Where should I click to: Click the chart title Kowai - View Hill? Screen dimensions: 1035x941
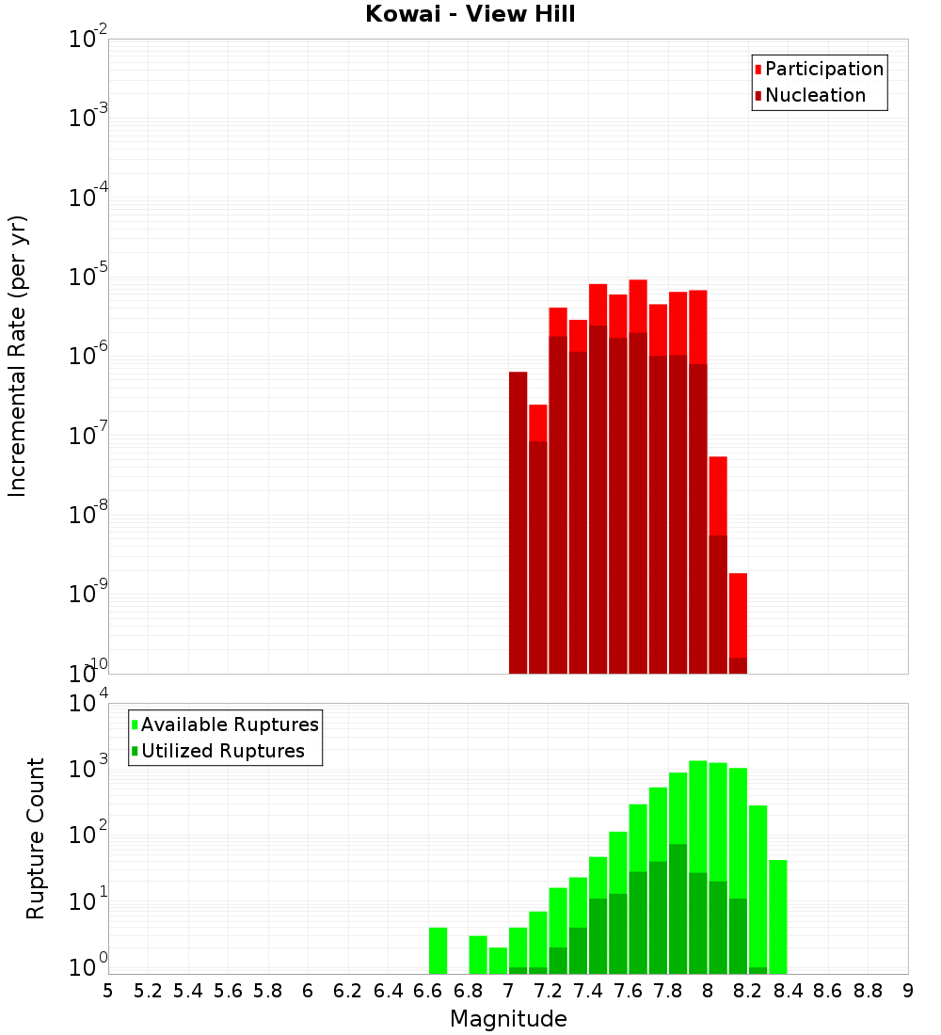[x=470, y=15]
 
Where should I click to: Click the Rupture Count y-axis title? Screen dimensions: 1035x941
[x=36, y=838]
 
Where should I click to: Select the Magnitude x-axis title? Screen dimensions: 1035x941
[x=508, y=1019]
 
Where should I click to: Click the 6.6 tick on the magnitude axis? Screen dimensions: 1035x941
[x=428, y=991]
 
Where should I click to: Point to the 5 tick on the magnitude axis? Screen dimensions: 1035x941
[x=108, y=991]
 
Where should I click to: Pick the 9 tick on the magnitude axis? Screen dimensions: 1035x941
[x=908, y=991]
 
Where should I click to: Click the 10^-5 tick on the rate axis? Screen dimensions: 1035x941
[x=88, y=277]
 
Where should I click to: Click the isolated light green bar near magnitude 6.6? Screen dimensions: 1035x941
[x=438, y=950]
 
